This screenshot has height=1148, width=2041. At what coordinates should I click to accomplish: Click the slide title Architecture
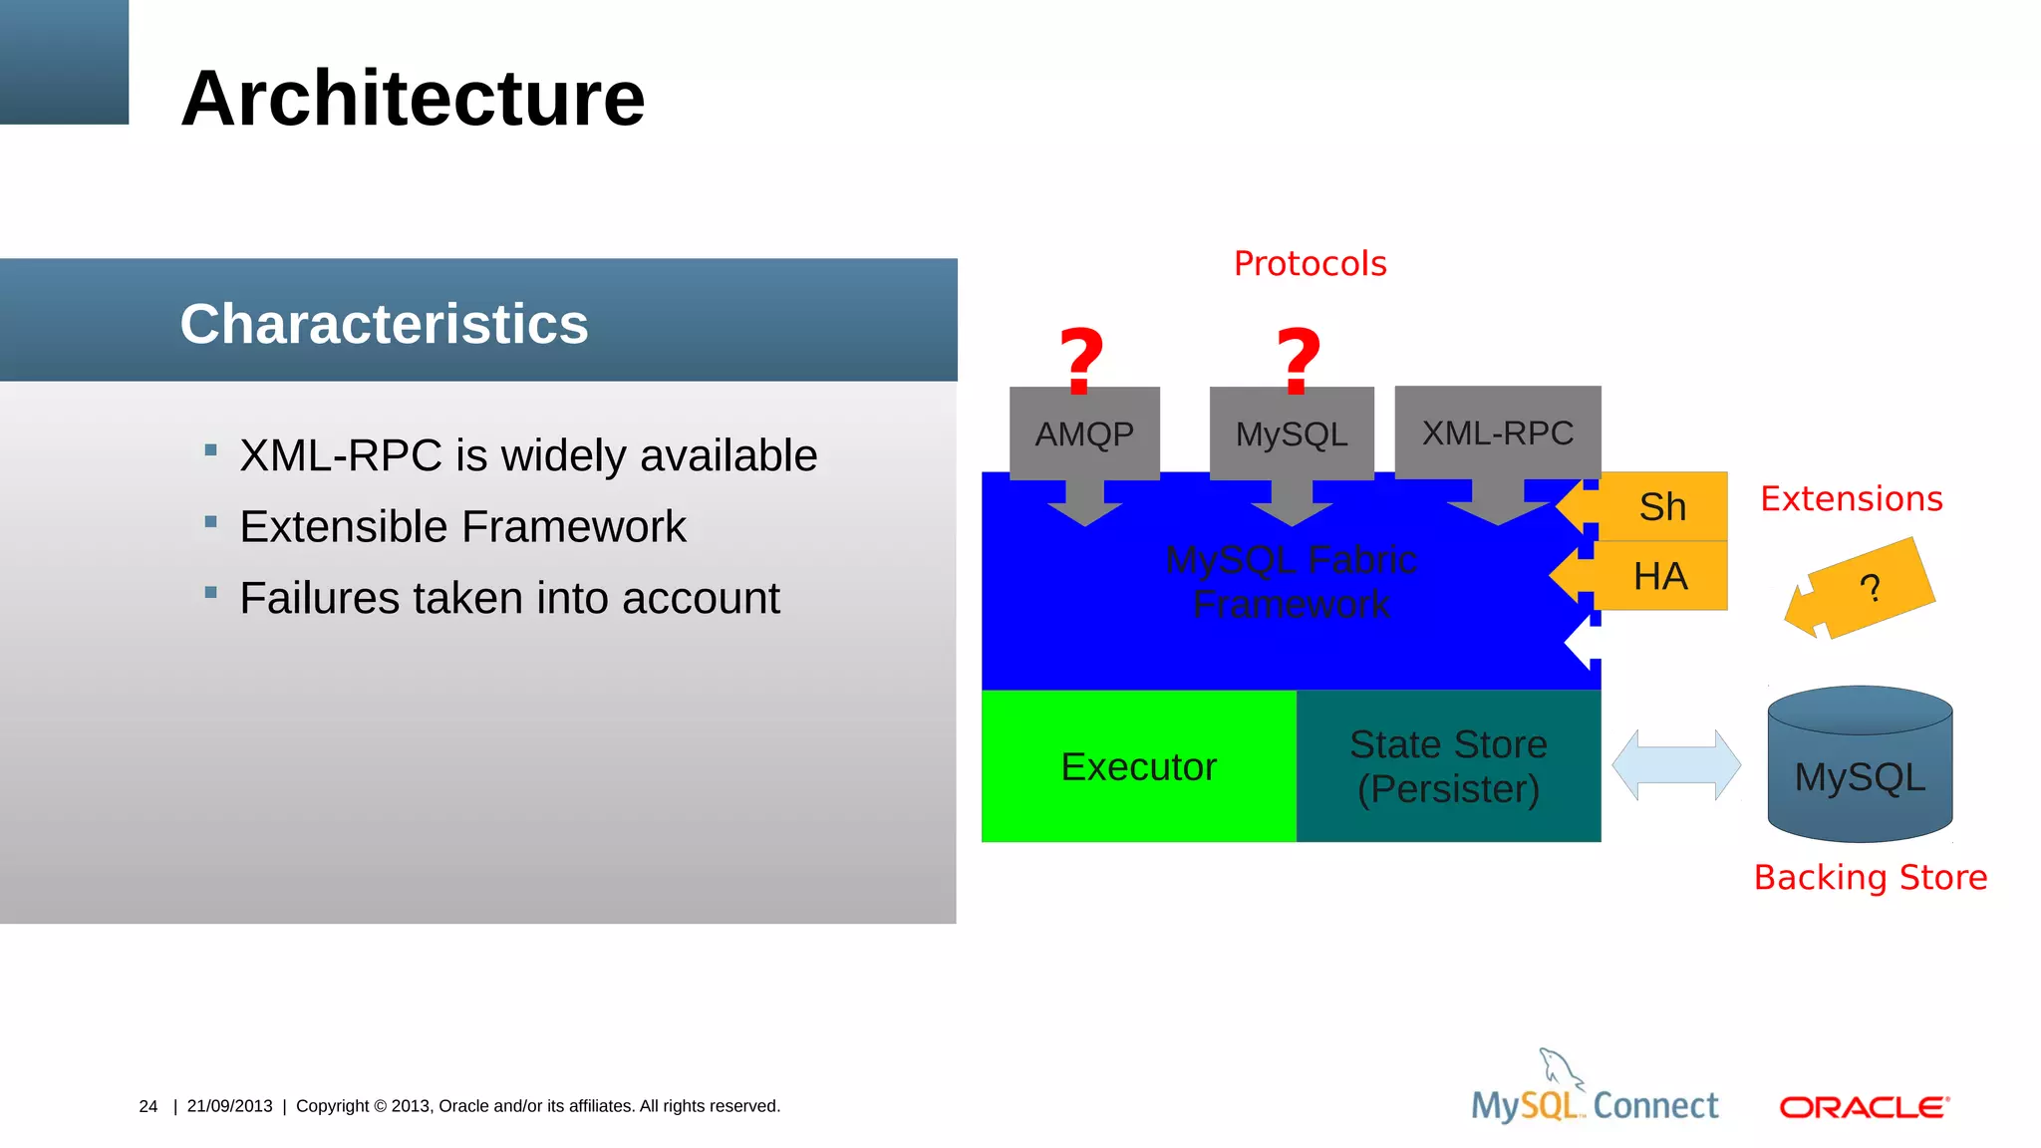413,99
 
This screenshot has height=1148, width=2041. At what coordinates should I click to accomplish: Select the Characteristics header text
384,324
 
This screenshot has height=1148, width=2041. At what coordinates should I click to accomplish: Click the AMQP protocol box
1084,433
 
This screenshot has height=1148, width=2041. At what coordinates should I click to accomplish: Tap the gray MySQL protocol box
1292,433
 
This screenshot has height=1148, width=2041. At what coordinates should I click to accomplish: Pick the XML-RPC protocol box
1497,432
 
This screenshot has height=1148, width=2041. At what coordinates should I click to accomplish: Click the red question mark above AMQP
1081,361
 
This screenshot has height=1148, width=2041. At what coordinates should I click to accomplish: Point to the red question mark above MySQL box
1299,361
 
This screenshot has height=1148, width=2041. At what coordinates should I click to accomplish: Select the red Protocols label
1310,264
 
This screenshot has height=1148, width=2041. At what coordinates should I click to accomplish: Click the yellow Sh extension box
1663,506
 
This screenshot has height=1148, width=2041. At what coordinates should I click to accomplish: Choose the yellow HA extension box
1661,576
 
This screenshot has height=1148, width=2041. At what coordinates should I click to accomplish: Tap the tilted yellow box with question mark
1870,588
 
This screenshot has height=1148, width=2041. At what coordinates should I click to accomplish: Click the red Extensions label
1851,498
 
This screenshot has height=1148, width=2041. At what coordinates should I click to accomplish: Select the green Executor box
1138,766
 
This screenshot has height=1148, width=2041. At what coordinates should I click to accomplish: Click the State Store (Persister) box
1448,766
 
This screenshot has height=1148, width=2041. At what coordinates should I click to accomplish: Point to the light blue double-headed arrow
1676,764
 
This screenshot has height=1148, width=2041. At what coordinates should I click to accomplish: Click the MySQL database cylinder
1860,767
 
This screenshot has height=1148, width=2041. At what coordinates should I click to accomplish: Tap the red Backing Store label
1870,877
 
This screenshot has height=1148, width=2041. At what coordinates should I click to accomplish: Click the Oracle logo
1864,1107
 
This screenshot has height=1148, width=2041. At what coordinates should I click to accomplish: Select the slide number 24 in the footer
148,1106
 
